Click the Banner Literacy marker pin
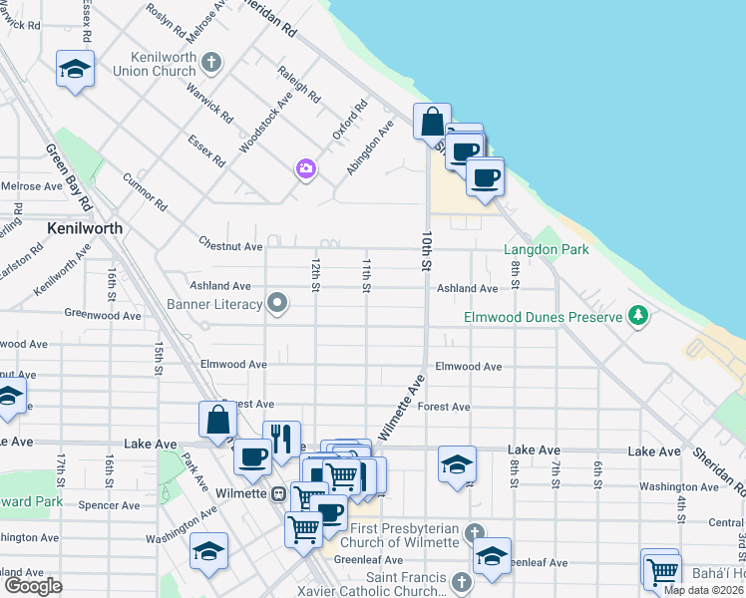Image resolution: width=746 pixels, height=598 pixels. [279, 302]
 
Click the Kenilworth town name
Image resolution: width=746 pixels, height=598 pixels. [85, 228]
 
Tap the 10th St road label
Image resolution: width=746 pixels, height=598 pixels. [424, 252]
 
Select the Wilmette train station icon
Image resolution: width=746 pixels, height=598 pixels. [280, 492]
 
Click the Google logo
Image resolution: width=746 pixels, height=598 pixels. [33, 585]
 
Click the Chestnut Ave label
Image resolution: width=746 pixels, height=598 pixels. [230, 245]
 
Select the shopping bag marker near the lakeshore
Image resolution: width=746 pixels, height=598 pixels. [432, 122]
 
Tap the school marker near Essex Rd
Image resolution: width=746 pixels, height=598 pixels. [75, 69]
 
